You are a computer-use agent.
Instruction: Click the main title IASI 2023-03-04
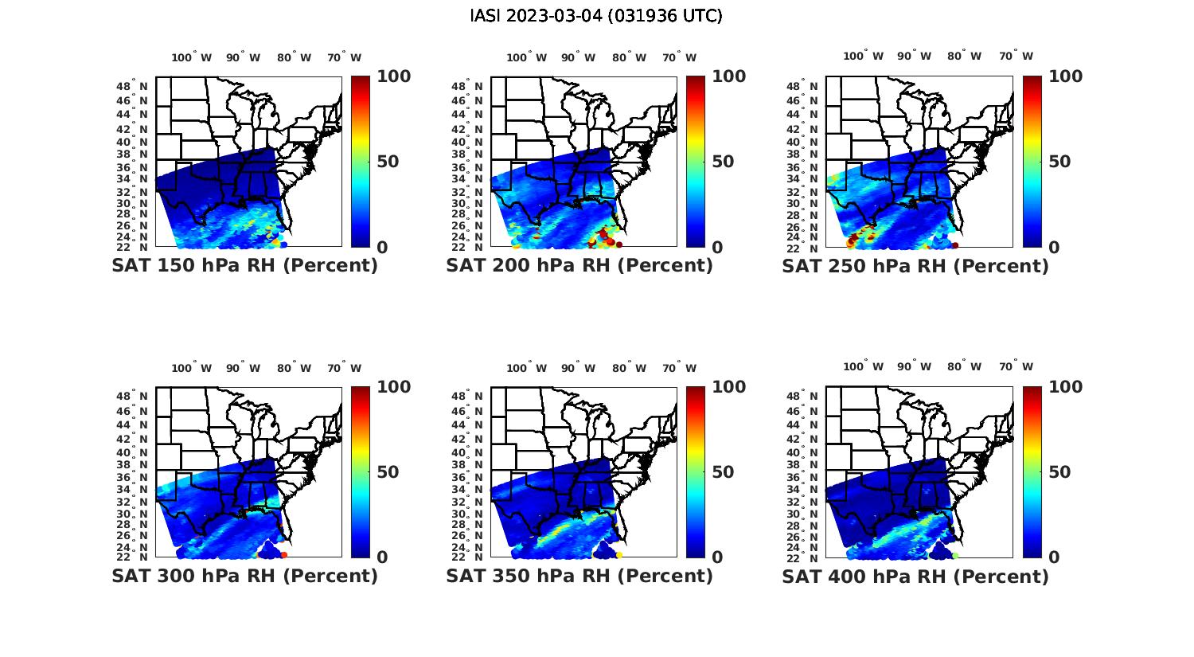[x=596, y=16]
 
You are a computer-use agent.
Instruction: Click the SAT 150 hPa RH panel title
[x=244, y=265]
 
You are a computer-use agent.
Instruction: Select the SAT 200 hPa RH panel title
[x=579, y=265]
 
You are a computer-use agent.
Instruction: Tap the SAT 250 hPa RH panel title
[x=915, y=266]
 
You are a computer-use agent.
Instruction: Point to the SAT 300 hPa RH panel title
[x=244, y=575]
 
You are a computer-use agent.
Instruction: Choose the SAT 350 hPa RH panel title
[x=579, y=575]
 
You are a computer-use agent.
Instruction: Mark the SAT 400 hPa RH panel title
[x=915, y=576]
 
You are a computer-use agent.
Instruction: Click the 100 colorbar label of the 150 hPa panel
[x=393, y=76]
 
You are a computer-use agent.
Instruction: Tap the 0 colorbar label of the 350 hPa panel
[x=717, y=557]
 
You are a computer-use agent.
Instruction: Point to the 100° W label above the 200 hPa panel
[x=526, y=57]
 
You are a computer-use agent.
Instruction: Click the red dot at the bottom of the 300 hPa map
[x=284, y=555]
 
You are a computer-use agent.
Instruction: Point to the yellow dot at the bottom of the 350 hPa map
[x=619, y=555]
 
